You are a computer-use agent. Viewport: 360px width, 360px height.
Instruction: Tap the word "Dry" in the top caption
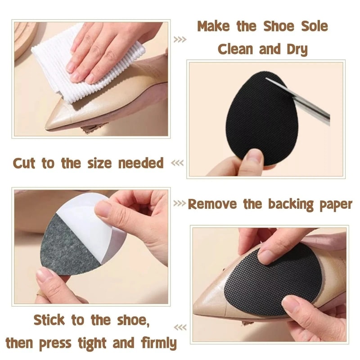[295, 49]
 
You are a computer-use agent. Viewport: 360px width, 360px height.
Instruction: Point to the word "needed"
[141, 163]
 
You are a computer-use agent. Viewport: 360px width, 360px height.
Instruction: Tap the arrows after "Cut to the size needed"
[178, 163]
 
